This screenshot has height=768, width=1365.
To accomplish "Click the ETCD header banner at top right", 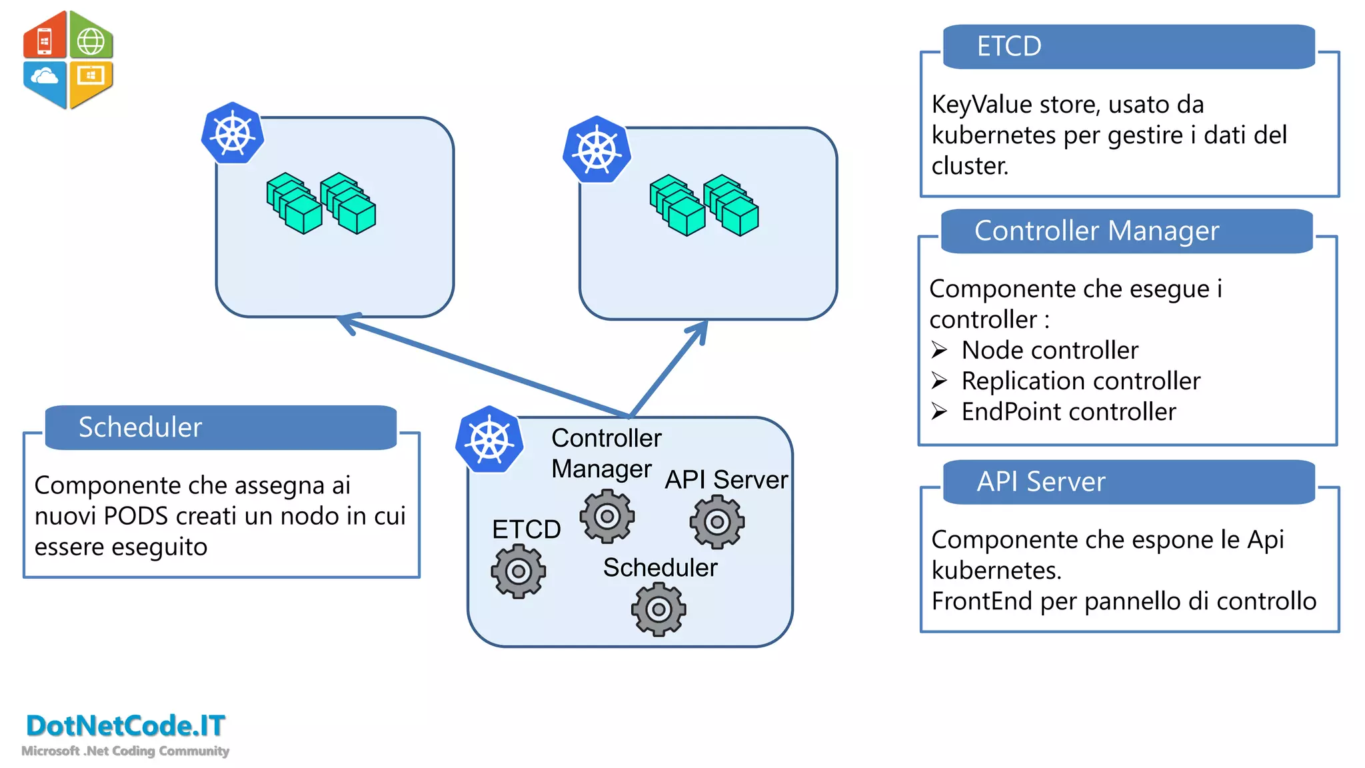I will [1128, 47].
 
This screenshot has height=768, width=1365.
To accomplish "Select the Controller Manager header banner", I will [1126, 231].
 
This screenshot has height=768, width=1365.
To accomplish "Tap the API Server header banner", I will [1128, 481].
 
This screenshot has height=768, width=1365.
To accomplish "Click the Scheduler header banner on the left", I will [221, 427].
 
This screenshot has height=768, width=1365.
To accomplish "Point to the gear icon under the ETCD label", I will [519, 571].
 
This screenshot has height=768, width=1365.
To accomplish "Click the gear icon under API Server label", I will [717, 522].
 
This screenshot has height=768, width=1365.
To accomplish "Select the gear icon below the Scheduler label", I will [659, 609].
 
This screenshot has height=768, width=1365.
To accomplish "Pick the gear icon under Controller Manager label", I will [607, 516].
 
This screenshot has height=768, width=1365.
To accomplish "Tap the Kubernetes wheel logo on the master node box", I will [490, 440].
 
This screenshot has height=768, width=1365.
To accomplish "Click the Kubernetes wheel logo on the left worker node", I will [233, 133].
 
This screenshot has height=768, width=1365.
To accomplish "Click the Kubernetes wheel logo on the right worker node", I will [597, 150].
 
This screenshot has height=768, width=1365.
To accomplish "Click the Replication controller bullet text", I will [1080, 381].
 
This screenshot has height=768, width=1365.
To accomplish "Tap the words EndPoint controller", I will [1068, 412].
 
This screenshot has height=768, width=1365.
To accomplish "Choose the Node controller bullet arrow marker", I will [939, 350].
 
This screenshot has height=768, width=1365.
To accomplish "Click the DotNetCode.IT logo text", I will [125, 725].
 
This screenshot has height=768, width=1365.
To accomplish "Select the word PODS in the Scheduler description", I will [137, 516].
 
